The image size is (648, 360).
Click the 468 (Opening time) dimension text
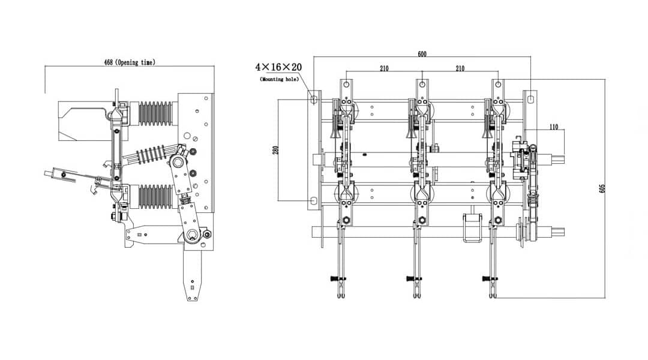pyautogui.click(x=129, y=62)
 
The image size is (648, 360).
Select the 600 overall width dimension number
pyautogui.click(x=422, y=54)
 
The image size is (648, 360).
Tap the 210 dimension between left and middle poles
pyautogui.click(x=384, y=68)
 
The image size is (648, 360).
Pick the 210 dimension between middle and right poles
pyautogui.click(x=460, y=68)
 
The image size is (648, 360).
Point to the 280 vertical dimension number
pyautogui.click(x=276, y=149)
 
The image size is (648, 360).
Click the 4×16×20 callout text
pyautogui.click(x=279, y=67)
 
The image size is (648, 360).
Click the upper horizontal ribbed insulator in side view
pyautogui.click(x=155, y=113)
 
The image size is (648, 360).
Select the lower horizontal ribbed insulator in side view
pyautogui.click(x=155, y=196)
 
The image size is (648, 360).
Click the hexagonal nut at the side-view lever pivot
pyautogui.click(x=194, y=234)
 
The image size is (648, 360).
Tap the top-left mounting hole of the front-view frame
pyautogui.click(x=313, y=98)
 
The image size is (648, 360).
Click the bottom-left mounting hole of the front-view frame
pyautogui.click(x=313, y=200)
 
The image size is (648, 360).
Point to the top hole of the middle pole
pyautogui.click(x=422, y=85)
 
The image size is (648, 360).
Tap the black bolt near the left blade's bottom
pyautogui.click(x=335, y=278)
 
